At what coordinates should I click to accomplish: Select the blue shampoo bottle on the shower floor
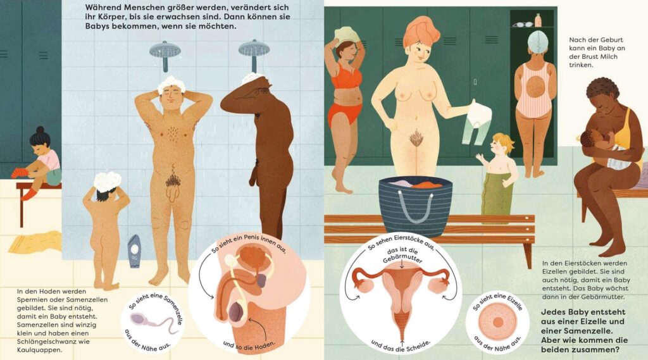134,251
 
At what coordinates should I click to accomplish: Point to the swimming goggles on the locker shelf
522,24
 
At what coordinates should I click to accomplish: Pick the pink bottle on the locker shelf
538,20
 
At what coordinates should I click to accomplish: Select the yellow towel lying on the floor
35,242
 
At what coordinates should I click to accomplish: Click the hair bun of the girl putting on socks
40,130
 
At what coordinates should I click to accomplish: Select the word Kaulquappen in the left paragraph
40,350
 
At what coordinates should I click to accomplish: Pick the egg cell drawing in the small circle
497,323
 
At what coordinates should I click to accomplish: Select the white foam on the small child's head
108,181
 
